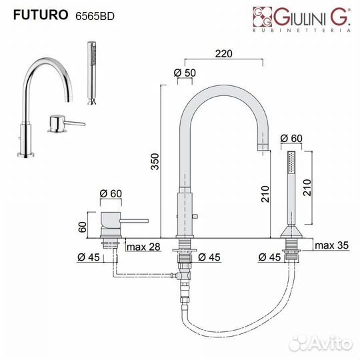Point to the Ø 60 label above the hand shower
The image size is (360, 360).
(x=291, y=138)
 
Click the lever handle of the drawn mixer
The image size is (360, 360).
(x=133, y=221)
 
